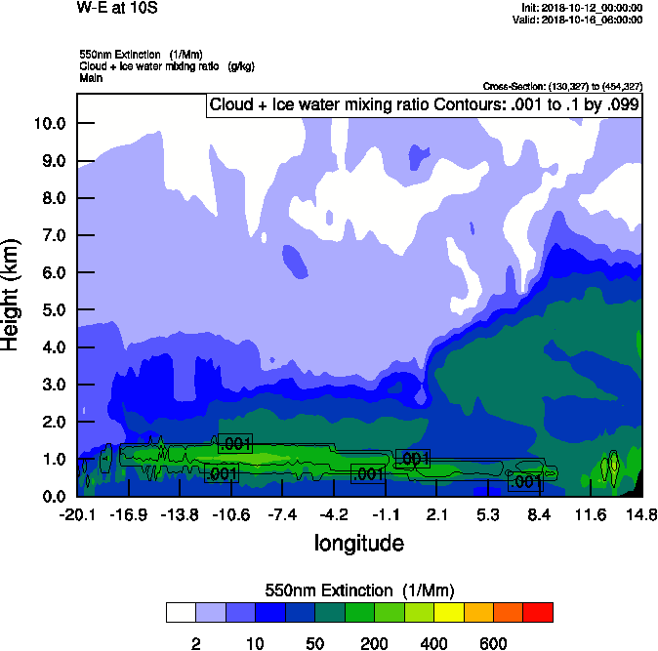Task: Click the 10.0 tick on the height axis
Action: pyautogui.click(x=51, y=123)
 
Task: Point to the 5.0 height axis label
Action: pyautogui.click(x=51, y=309)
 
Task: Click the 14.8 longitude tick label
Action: pyautogui.click(x=640, y=514)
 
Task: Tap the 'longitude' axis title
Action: pyautogui.click(x=358, y=542)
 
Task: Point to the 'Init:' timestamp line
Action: pyautogui.click(x=582, y=8)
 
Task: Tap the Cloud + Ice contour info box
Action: pyautogui.click(x=424, y=104)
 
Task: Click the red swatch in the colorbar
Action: pyautogui.click(x=538, y=612)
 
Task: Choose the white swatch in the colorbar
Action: pyautogui.click(x=181, y=612)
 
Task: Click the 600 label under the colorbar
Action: pyautogui.click(x=493, y=643)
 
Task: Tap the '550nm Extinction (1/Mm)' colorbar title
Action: pyautogui.click(x=359, y=590)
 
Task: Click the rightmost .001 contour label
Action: pyautogui.click(x=525, y=481)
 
